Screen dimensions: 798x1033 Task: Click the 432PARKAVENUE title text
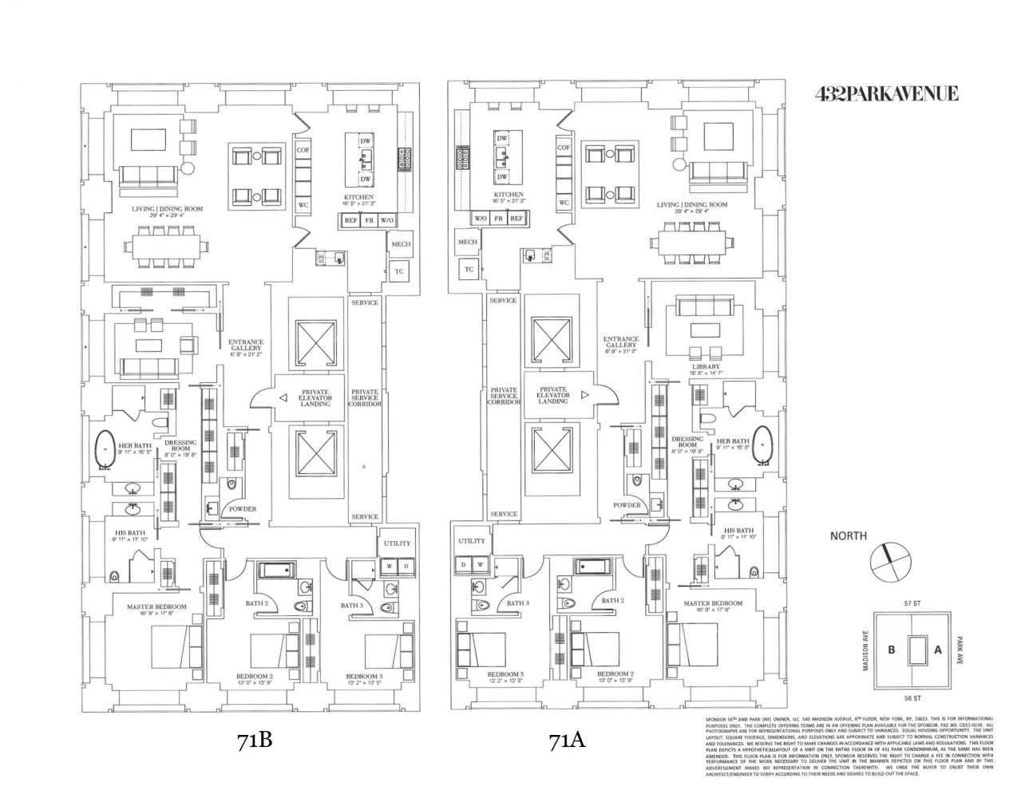click(x=886, y=94)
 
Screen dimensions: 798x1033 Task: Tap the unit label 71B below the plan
click(x=255, y=740)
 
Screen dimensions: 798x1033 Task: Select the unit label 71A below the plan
click(x=567, y=740)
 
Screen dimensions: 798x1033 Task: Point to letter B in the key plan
click(x=892, y=650)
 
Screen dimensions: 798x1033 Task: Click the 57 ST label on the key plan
click(x=912, y=604)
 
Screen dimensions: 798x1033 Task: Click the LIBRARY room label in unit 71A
click(x=706, y=367)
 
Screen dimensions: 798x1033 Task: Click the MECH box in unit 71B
click(x=401, y=244)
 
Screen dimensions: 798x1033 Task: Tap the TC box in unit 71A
click(x=469, y=270)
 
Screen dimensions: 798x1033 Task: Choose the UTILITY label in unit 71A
click(x=472, y=540)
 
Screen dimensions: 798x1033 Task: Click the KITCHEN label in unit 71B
click(x=358, y=197)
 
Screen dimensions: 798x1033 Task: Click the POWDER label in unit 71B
click(x=242, y=508)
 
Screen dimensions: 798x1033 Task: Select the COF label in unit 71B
click(x=303, y=149)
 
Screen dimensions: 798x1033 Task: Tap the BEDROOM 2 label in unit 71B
click(x=254, y=676)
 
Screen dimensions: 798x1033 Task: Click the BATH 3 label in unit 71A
click(x=518, y=603)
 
